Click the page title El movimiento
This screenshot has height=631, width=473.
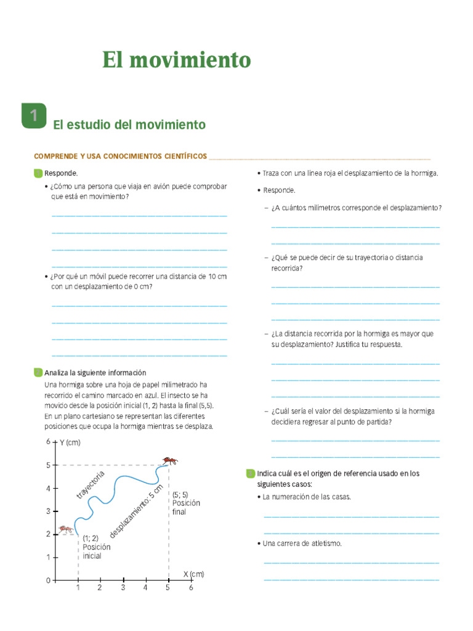tap(176, 60)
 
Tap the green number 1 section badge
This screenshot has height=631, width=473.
tap(33, 116)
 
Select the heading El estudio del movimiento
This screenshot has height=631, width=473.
tap(129, 125)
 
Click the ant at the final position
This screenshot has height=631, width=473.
tap(170, 460)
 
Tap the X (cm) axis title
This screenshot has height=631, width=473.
tap(193, 574)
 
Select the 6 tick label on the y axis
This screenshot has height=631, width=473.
tap(48, 442)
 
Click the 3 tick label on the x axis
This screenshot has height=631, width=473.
tap(123, 588)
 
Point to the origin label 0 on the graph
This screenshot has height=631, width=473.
tap(48, 580)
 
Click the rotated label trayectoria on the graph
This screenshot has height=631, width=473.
tap(91, 485)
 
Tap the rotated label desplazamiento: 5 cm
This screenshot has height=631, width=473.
tap(137, 511)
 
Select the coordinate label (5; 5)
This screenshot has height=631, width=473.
tap(180, 494)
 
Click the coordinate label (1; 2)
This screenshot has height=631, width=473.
tap(91, 538)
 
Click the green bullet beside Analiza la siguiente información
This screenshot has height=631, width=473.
tap(38, 373)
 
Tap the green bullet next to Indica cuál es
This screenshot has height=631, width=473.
tap(249, 474)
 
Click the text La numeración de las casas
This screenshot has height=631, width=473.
tap(307, 497)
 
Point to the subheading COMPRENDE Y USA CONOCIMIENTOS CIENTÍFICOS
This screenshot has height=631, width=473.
tap(120, 157)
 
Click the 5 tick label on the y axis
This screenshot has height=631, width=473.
tap(48, 465)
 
